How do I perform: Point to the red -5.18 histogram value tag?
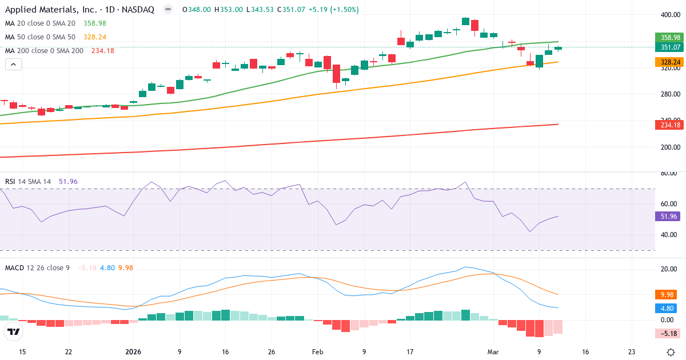coord(667,333)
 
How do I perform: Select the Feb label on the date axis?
coord(318,352)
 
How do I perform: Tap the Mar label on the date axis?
coord(492,352)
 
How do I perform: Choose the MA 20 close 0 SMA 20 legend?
coord(40,23)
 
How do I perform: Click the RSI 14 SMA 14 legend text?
coord(29,182)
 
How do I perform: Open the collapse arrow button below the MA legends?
coord(13,65)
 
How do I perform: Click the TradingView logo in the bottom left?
coord(14,331)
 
